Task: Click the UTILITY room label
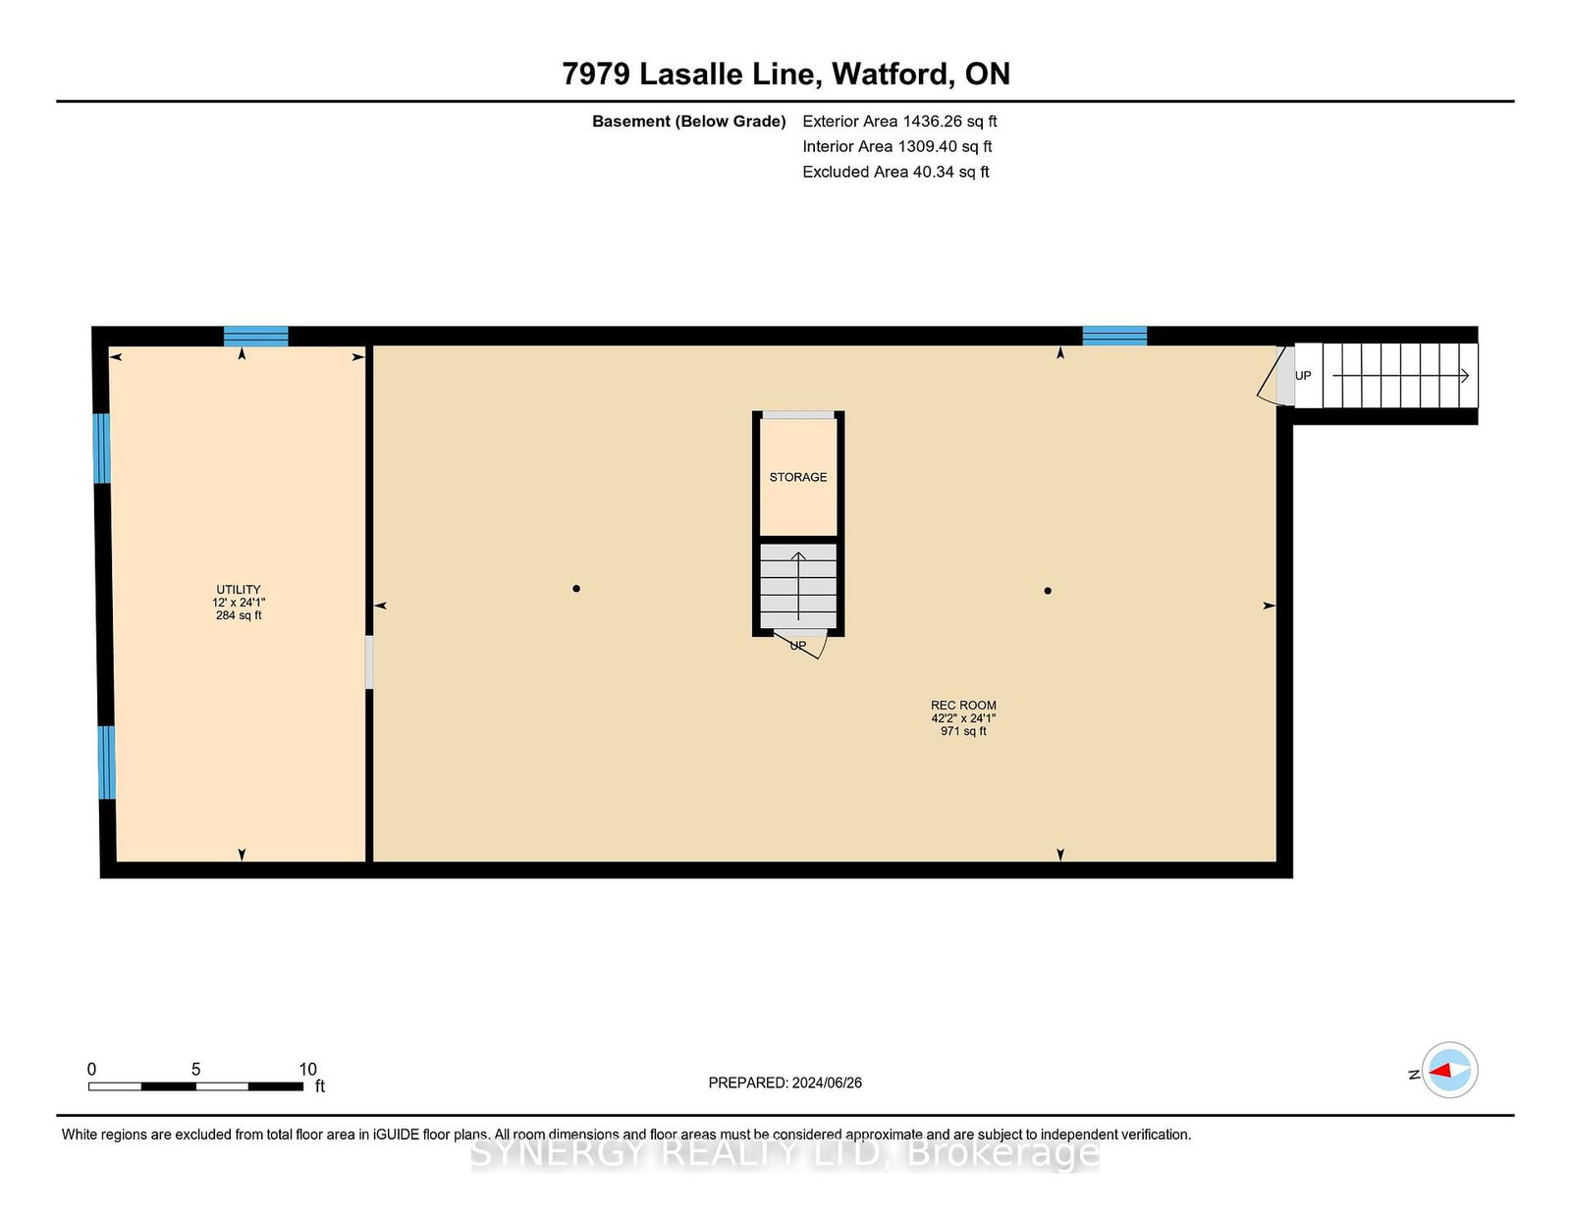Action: [238, 590]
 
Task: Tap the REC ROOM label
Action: [963, 706]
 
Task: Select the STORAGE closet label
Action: [797, 477]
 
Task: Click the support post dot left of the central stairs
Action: [576, 589]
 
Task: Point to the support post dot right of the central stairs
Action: [1048, 591]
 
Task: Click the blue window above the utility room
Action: [256, 337]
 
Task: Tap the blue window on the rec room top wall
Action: [1114, 337]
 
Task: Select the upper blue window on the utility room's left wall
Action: [102, 449]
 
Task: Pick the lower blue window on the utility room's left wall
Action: [106, 764]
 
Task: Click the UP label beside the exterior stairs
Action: [1303, 376]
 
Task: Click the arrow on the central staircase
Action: [798, 586]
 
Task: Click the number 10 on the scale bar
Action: [308, 1070]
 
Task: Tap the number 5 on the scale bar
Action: [196, 1070]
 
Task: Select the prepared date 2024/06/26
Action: [827, 1082]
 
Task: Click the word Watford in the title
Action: [890, 74]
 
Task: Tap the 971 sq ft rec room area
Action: [963, 731]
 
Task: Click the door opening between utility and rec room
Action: [369, 661]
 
